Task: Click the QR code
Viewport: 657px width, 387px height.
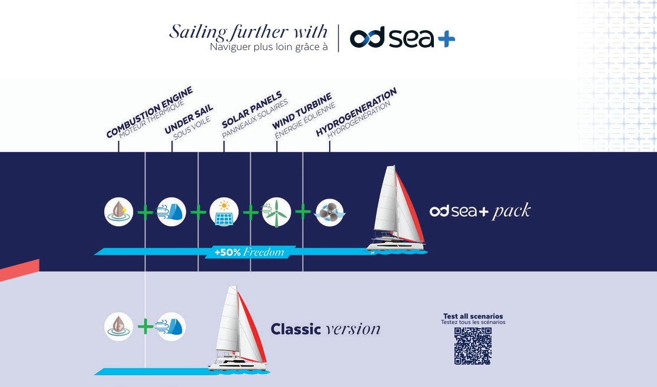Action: click(473, 346)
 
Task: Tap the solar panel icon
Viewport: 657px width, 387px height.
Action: click(224, 211)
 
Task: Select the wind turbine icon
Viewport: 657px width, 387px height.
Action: click(276, 211)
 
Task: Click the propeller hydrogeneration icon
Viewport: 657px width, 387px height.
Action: click(330, 212)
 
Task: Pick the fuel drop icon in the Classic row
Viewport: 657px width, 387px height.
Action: click(119, 326)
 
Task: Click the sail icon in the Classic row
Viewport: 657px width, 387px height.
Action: click(171, 326)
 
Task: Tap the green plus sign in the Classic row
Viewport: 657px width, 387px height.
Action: click(145, 326)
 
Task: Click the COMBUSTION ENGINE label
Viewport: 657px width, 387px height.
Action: click(150, 113)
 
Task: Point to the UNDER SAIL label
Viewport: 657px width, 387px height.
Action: click(189, 120)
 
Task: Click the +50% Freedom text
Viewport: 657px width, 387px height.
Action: click(249, 252)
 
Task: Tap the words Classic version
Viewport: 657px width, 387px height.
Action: click(326, 329)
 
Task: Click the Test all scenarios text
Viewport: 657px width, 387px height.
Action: click(473, 316)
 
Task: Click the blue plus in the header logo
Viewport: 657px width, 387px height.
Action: click(446, 38)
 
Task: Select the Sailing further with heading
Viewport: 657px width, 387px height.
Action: click(248, 31)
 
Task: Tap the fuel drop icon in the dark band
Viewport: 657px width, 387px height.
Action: click(119, 211)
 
